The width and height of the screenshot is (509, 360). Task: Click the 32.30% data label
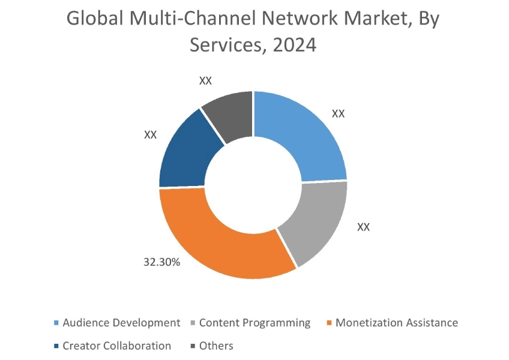point(161,262)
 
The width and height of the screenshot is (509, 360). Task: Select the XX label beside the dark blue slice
point(150,135)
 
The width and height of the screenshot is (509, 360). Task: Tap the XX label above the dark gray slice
point(206,80)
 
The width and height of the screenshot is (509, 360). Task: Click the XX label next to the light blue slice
point(339,113)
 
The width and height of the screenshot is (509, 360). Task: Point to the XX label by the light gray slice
point(363,227)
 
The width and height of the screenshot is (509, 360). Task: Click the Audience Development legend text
point(121,323)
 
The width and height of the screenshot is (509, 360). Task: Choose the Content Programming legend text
point(255,323)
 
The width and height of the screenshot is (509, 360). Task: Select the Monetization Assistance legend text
point(397,323)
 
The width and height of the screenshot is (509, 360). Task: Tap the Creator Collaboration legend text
point(116,346)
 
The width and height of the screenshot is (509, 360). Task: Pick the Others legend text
point(216,346)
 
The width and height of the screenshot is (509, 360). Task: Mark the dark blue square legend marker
point(56,346)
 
